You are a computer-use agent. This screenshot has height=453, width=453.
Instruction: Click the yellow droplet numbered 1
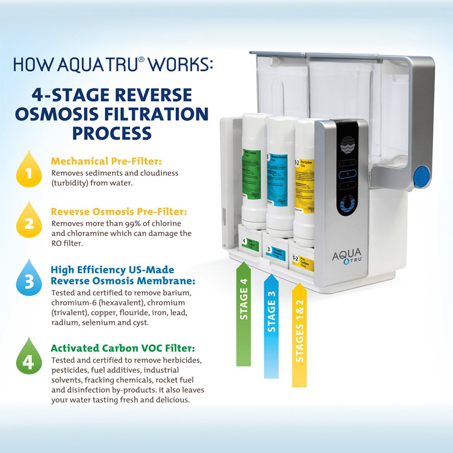pyautogui.click(x=28, y=171)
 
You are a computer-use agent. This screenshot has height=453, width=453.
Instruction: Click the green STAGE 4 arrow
pyautogui.click(x=244, y=313)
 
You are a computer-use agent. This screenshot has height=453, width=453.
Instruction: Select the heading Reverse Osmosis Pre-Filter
pyautogui.click(x=119, y=212)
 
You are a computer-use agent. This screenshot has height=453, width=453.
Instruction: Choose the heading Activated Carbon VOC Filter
pyautogui.click(x=123, y=348)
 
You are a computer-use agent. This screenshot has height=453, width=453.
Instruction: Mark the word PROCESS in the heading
pyautogui.click(x=112, y=133)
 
